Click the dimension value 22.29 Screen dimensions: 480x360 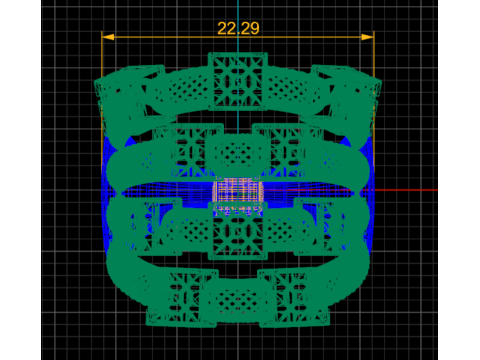coord(238,28)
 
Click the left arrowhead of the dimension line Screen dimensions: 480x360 coord(108,37)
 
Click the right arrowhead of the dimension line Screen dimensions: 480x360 coord(368,37)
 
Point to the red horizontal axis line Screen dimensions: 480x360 coord(350,190)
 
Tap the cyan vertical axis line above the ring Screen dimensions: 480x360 coord(238,26)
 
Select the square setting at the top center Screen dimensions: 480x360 coord(238,81)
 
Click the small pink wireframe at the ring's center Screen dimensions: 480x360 coord(238,192)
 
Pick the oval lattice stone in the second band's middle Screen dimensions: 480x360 coord(238,154)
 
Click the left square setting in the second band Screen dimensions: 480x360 coord(188,150)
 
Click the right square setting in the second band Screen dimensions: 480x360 coord(287,150)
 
